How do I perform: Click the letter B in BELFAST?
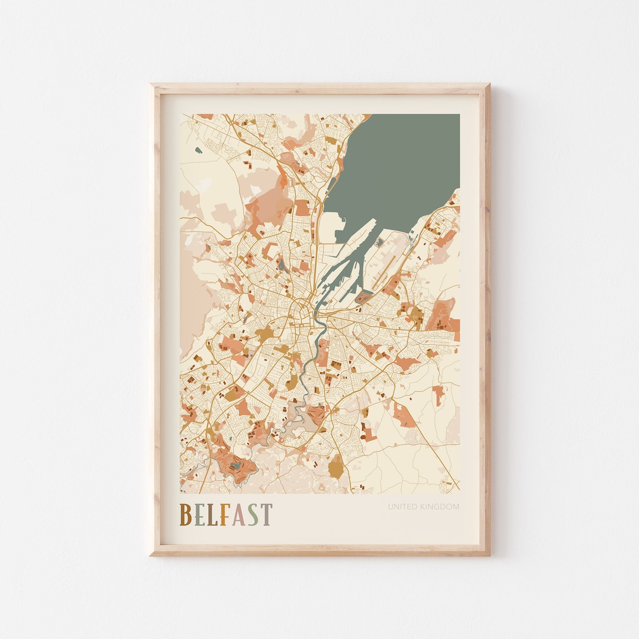coord(185,515)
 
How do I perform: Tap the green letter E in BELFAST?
coord(199,515)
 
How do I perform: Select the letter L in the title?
coord(211,515)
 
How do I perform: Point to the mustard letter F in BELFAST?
coord(223,515)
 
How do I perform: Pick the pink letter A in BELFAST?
coord(237,515)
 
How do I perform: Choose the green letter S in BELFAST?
coord(252,515)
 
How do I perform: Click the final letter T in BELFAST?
coord(266,515)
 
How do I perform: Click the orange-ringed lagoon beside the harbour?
coord(364,297)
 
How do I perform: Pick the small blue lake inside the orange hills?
coord(237,466)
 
